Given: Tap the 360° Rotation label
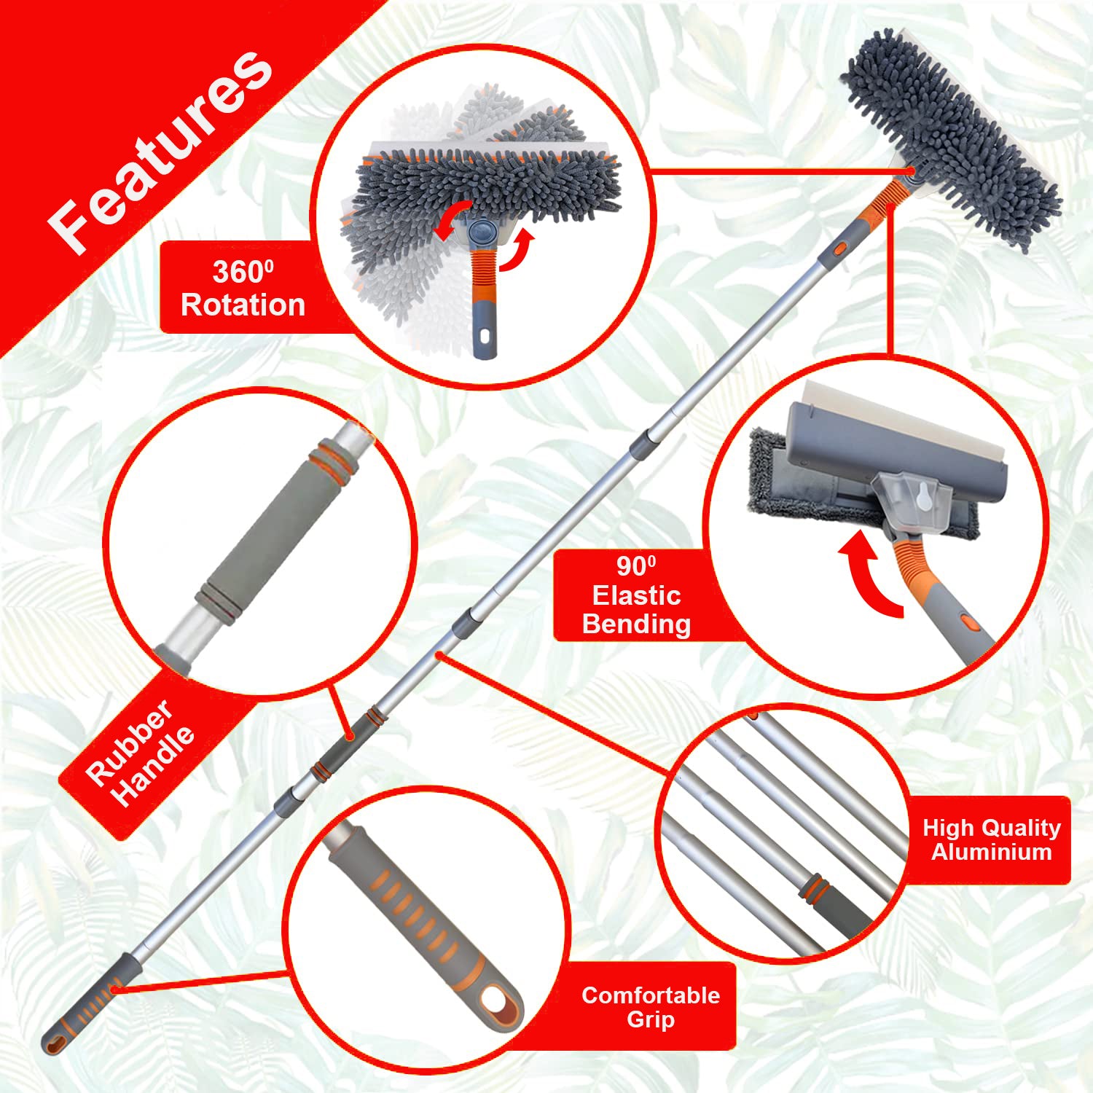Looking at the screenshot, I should tap(243, 289).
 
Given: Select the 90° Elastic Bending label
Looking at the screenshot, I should tap(636, 595).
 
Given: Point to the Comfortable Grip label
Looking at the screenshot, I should tap(650, 1007).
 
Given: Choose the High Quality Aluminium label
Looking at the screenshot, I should tap(991, 839).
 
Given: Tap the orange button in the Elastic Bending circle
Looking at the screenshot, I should tap(967, 622).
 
